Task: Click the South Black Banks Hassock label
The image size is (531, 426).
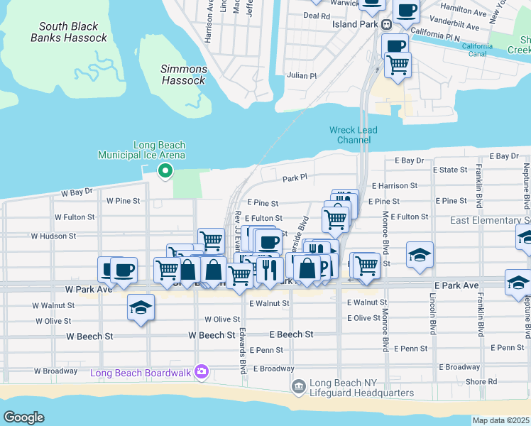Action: pos(69,32)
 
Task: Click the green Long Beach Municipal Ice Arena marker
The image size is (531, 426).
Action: pos(165,170)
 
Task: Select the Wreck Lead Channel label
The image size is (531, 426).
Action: pos(353,135)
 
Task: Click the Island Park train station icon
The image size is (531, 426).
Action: pos(387,24)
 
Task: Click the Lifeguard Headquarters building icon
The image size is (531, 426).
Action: pos(299,386)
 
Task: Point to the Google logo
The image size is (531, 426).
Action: pos(23,417)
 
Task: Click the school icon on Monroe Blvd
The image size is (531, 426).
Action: pos(420,254)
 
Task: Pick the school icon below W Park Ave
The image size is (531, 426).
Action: pos(141,307)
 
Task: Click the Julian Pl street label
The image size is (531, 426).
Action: pos(302,75)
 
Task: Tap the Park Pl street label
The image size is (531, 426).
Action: pos(294,178)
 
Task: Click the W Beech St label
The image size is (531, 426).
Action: pos(212,334)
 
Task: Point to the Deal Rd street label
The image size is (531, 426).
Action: pos(317,15)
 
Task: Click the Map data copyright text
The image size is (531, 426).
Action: pos(500,420)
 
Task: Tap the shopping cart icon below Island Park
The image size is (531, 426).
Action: pos(398,64)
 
